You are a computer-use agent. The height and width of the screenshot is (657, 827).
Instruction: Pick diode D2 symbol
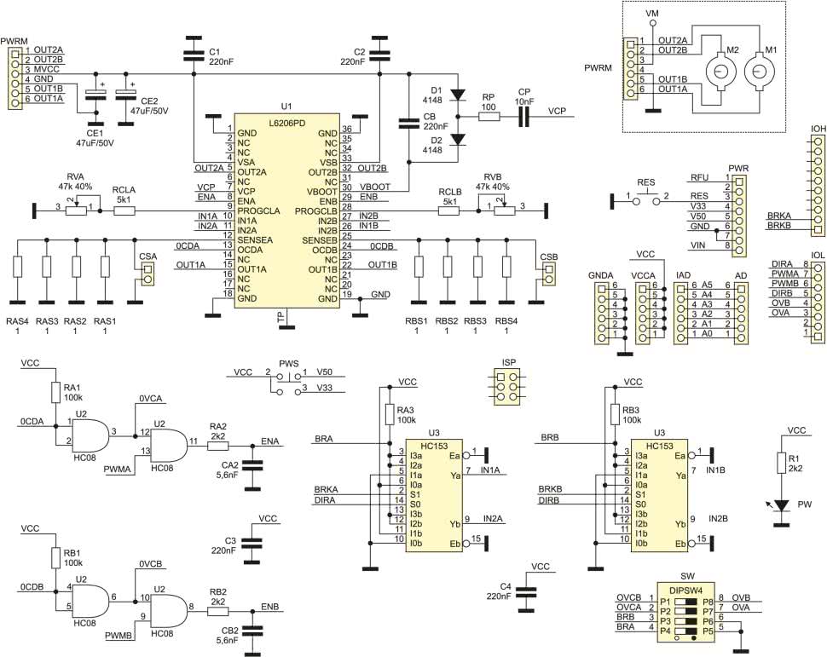coord(458,139)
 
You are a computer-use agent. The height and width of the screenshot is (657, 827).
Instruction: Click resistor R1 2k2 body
coord(782,463)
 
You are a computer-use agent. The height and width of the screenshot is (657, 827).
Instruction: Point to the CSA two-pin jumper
coord(147,274)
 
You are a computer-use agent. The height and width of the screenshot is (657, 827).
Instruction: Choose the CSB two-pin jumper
coord(548,274)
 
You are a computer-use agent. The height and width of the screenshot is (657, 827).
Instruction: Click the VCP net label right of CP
coord(558,112)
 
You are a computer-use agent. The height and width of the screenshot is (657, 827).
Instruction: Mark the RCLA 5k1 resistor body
coord(124,206)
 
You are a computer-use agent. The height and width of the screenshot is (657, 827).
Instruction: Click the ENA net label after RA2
coord(270,441)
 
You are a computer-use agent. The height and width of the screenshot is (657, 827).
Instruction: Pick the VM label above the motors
coord(653,14)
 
